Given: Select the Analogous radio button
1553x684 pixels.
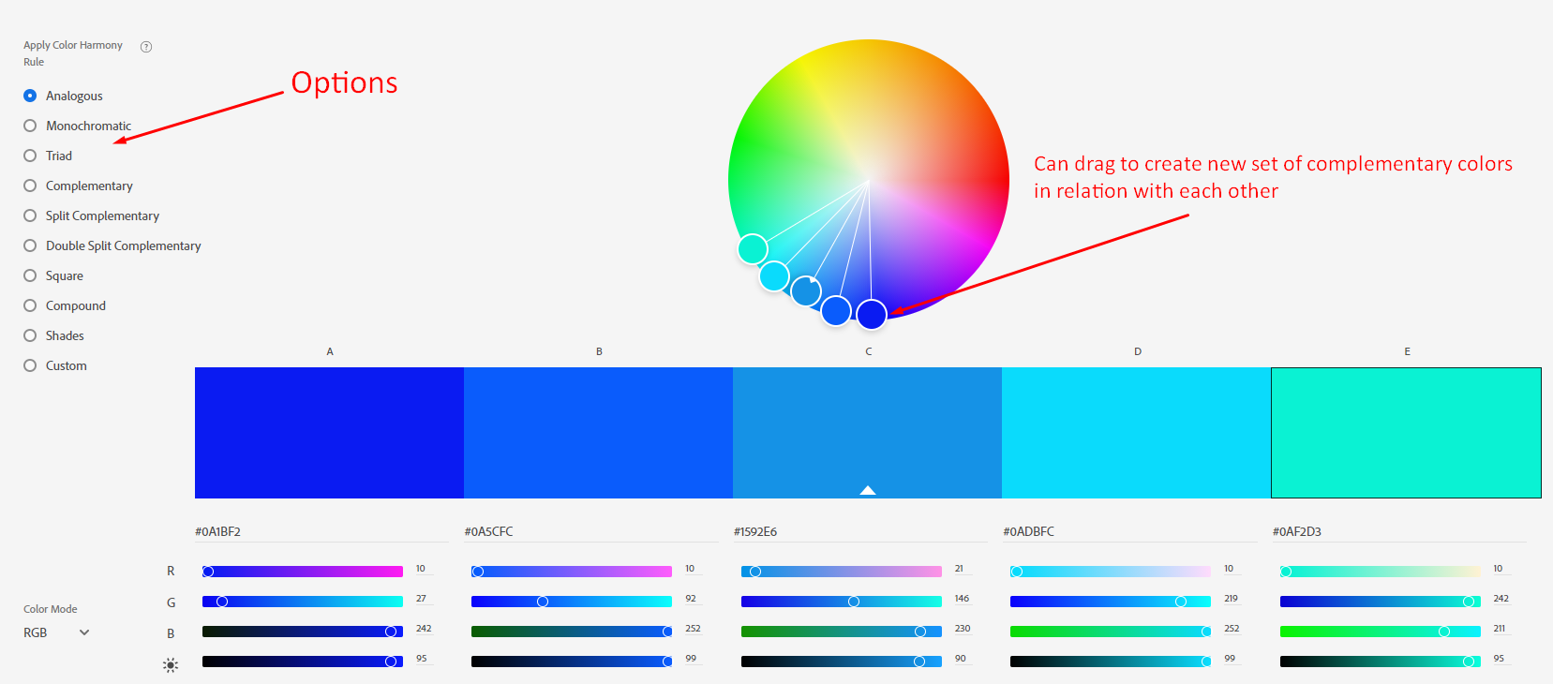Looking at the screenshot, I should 30,96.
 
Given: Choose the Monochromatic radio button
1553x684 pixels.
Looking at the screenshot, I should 30,126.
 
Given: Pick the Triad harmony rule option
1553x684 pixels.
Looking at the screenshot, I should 30,156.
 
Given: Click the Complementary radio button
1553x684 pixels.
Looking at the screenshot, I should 30,186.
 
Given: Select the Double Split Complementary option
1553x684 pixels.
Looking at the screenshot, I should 30,245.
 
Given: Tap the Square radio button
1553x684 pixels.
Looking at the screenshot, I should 30,275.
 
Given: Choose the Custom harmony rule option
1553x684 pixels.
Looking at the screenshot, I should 30,365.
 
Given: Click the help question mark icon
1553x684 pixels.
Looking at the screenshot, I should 146,47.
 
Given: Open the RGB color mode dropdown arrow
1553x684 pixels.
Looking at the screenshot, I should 84,632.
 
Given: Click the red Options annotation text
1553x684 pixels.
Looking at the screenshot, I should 344,82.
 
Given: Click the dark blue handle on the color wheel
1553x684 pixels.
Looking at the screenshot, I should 872,314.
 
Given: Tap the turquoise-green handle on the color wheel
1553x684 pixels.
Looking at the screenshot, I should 753,248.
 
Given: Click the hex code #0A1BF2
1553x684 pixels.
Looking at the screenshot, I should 217,531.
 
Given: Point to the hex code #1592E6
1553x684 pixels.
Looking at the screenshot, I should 755,531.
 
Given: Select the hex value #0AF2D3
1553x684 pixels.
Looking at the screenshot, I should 1296,531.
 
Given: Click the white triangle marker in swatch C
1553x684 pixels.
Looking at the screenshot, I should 868,490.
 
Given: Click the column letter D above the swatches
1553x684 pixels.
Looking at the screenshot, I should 1138,351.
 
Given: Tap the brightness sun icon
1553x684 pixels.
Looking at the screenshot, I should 171,665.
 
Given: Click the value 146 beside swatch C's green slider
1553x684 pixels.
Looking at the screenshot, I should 962,599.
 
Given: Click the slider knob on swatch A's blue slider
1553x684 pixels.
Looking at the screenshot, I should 391,632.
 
